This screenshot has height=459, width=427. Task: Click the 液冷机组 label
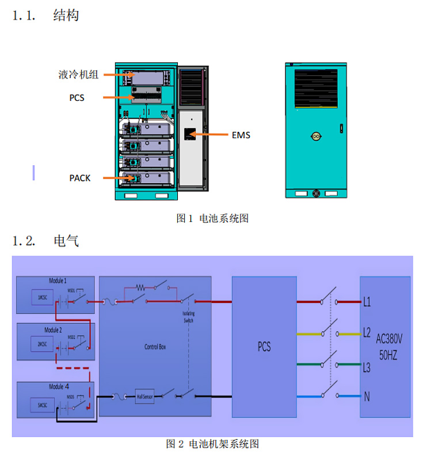click(78, 74)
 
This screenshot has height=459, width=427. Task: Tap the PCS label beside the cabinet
click(77, 98)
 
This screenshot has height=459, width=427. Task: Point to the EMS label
click(241, 135)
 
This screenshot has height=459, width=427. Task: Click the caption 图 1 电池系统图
click(212, 218)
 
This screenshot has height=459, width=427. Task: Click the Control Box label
click(155, 347)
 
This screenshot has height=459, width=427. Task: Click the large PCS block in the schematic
click(264, 347)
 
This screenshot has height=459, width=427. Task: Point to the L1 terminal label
click(367, 301)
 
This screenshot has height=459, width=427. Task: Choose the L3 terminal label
click(367, 366)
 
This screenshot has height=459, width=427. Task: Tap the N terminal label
click(367, 396)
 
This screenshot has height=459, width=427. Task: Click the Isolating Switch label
click(188, 317)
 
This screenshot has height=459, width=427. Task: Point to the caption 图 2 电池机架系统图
click(212, 444)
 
